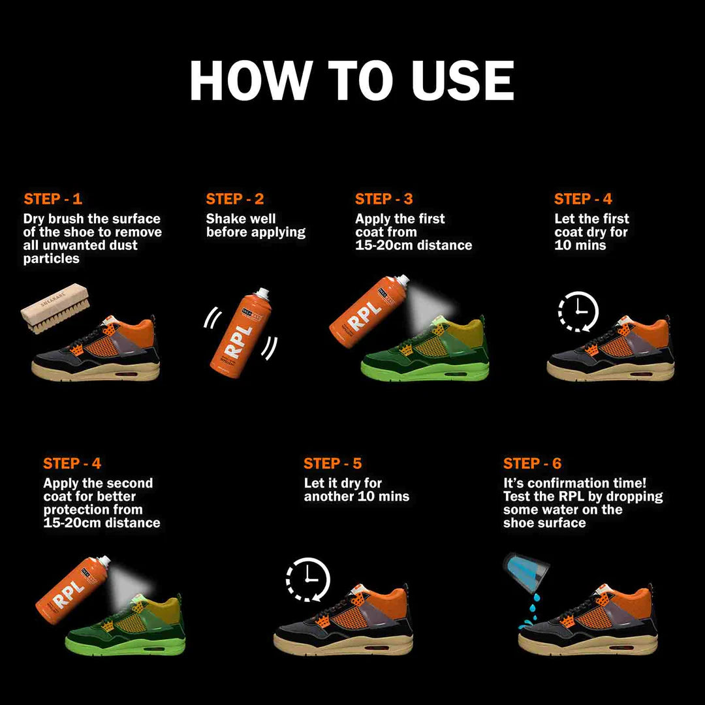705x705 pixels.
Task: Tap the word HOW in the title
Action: [x=251, y=80]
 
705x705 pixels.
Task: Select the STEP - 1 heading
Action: [x=53, y=198]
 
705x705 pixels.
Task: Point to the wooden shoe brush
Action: [x=55, y=307]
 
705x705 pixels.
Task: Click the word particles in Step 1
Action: [x=52, y=259]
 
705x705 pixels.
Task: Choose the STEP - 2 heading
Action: [x=235, y=198]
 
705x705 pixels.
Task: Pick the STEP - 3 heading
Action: [x=384, y=198]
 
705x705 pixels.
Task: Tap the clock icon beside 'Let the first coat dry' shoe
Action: [x=578, y=311]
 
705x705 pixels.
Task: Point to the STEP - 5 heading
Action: [x=332, y=463]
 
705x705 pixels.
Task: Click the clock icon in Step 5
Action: [x=308, y=580]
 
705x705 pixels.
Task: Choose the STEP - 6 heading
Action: [x=533, y=463]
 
